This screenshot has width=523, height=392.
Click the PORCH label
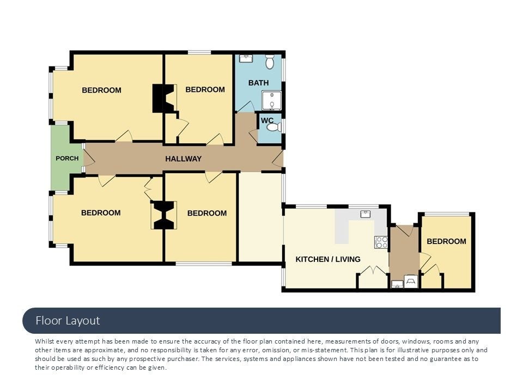(x=67, y=158)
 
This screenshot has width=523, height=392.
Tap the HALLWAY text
(x=184, y=158)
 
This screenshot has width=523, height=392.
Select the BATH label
(x=258, y=83)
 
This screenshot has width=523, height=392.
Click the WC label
(x=267, y=120)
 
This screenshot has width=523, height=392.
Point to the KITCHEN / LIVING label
(x=328, y=259)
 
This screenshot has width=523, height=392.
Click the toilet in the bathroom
(x=270, y=62)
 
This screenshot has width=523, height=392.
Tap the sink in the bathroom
(x=246, y=59)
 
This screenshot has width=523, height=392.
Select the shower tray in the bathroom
(x=271, y=101)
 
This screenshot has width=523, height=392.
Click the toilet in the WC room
(x=275, y=127)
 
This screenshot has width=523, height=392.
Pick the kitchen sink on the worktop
(x=366, y=214)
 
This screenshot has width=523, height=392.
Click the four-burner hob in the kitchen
(x=381, y=242)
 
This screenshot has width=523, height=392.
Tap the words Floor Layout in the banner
(x=68, y=321)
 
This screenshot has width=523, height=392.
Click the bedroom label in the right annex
(x=446, y=241)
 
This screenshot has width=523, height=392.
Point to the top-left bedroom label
(x=101, y=90)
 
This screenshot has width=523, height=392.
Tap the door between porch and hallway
(x=89, y=158)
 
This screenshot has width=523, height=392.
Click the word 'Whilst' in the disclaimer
(x=45, y=341)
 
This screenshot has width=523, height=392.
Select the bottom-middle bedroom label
(x=207, y=213)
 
